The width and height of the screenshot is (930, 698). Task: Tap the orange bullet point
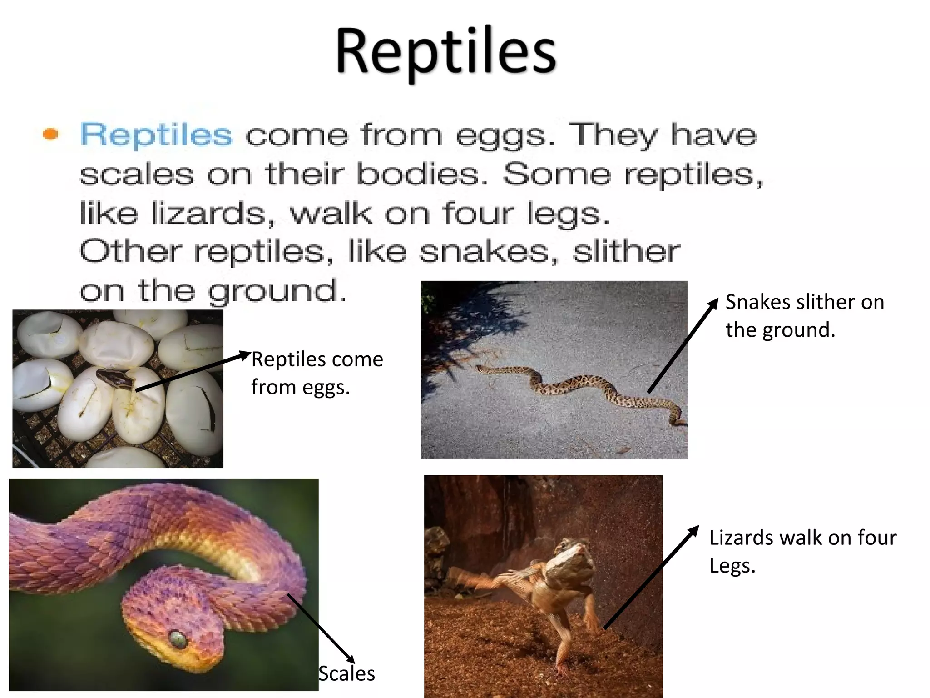click(50, 134)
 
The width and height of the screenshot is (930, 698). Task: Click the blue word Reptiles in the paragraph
click(156, 135)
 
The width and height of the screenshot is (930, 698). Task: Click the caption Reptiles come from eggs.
click(317, 373)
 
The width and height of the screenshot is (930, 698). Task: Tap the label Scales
click(347, 673)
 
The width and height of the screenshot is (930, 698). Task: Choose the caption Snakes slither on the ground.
click(804, 315)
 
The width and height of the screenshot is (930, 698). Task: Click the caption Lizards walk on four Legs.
click(802, 551)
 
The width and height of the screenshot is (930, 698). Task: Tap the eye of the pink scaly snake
click(178, 639)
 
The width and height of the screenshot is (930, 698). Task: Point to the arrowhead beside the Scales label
click(351, 660)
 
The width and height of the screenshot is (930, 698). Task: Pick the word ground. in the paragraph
click(277, 291)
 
